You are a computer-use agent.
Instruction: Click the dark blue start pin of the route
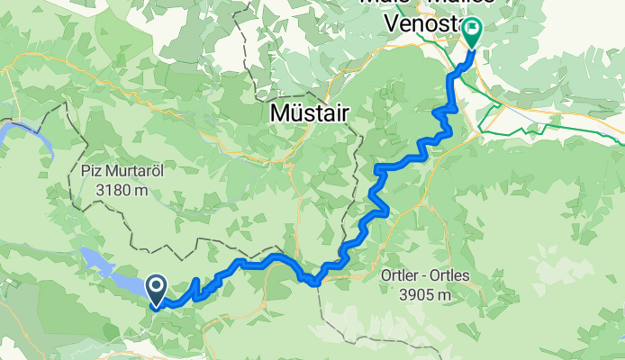(x=156, y=291)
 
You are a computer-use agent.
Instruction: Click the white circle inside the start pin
(x=156, y=286)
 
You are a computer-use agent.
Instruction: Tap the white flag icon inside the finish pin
(x=473, y=29)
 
